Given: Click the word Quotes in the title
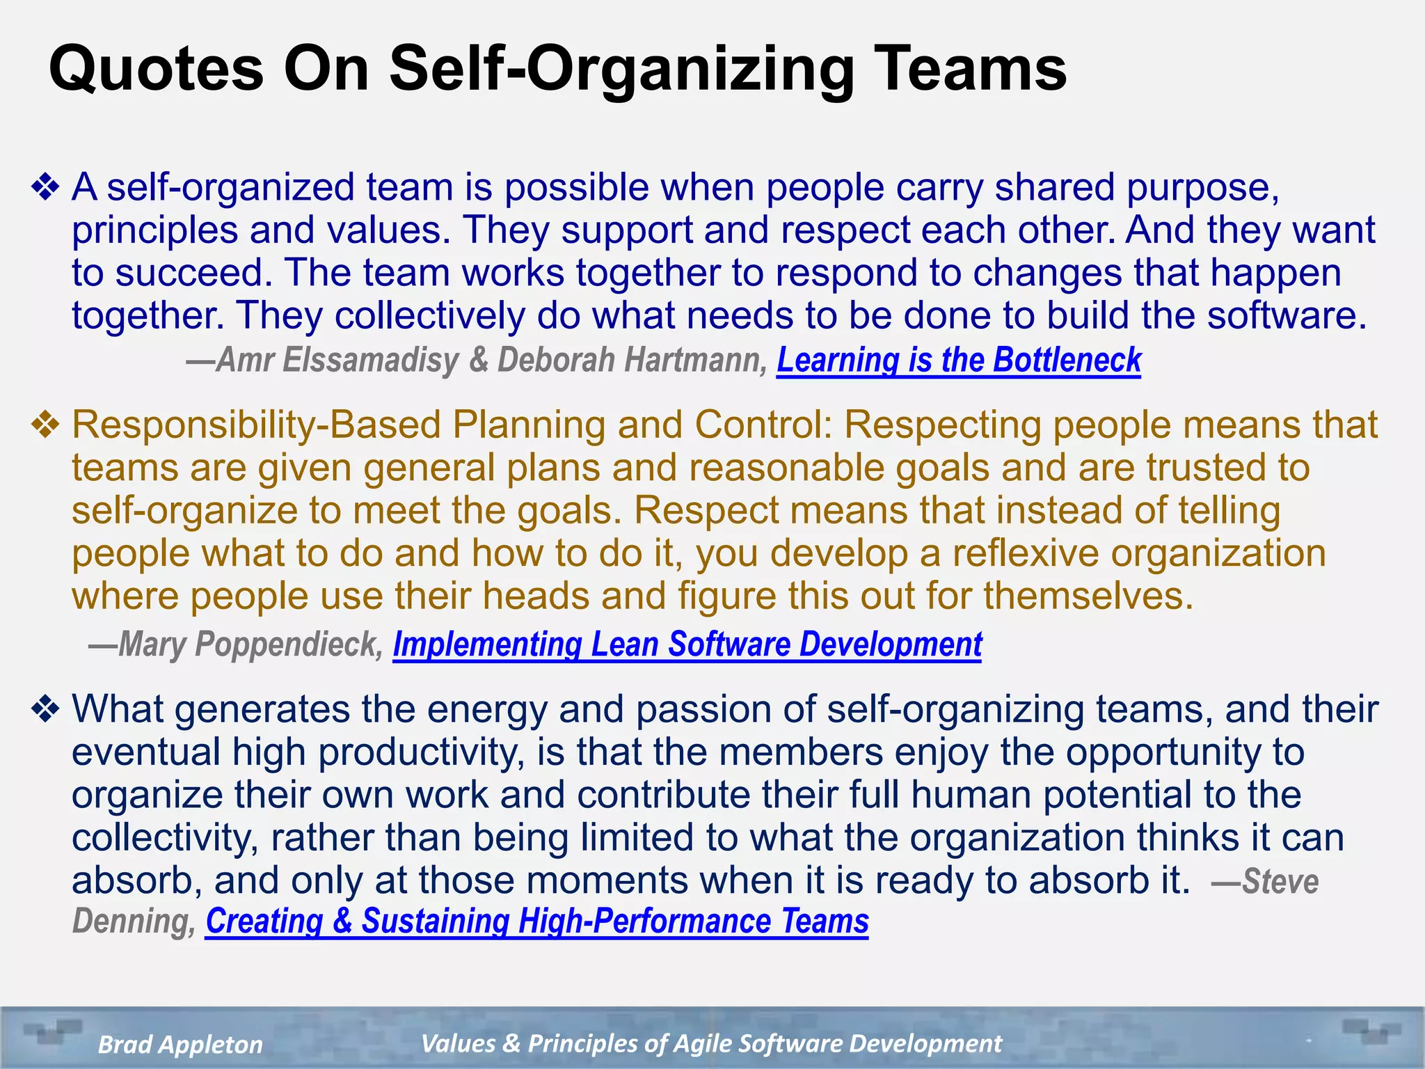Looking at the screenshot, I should point(156,68).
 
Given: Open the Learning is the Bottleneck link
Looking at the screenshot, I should point(958,361).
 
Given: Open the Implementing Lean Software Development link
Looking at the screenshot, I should point(687,644).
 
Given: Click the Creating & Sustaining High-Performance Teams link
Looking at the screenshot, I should point(536,921).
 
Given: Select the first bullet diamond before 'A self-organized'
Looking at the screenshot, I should point(46,188).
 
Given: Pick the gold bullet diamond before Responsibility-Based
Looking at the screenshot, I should point(46,425).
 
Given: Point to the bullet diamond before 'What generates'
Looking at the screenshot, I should point(46,710).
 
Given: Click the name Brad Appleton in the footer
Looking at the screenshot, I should point(180,1045).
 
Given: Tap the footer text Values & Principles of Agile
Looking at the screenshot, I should point(711,1044).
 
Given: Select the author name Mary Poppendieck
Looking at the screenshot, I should point(250,644).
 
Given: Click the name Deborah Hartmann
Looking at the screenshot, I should point(630,361).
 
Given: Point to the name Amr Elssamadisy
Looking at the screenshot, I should point(337,361).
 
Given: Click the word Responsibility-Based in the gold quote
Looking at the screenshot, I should point(256,425).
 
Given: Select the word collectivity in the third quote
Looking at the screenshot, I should point(164,838).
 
